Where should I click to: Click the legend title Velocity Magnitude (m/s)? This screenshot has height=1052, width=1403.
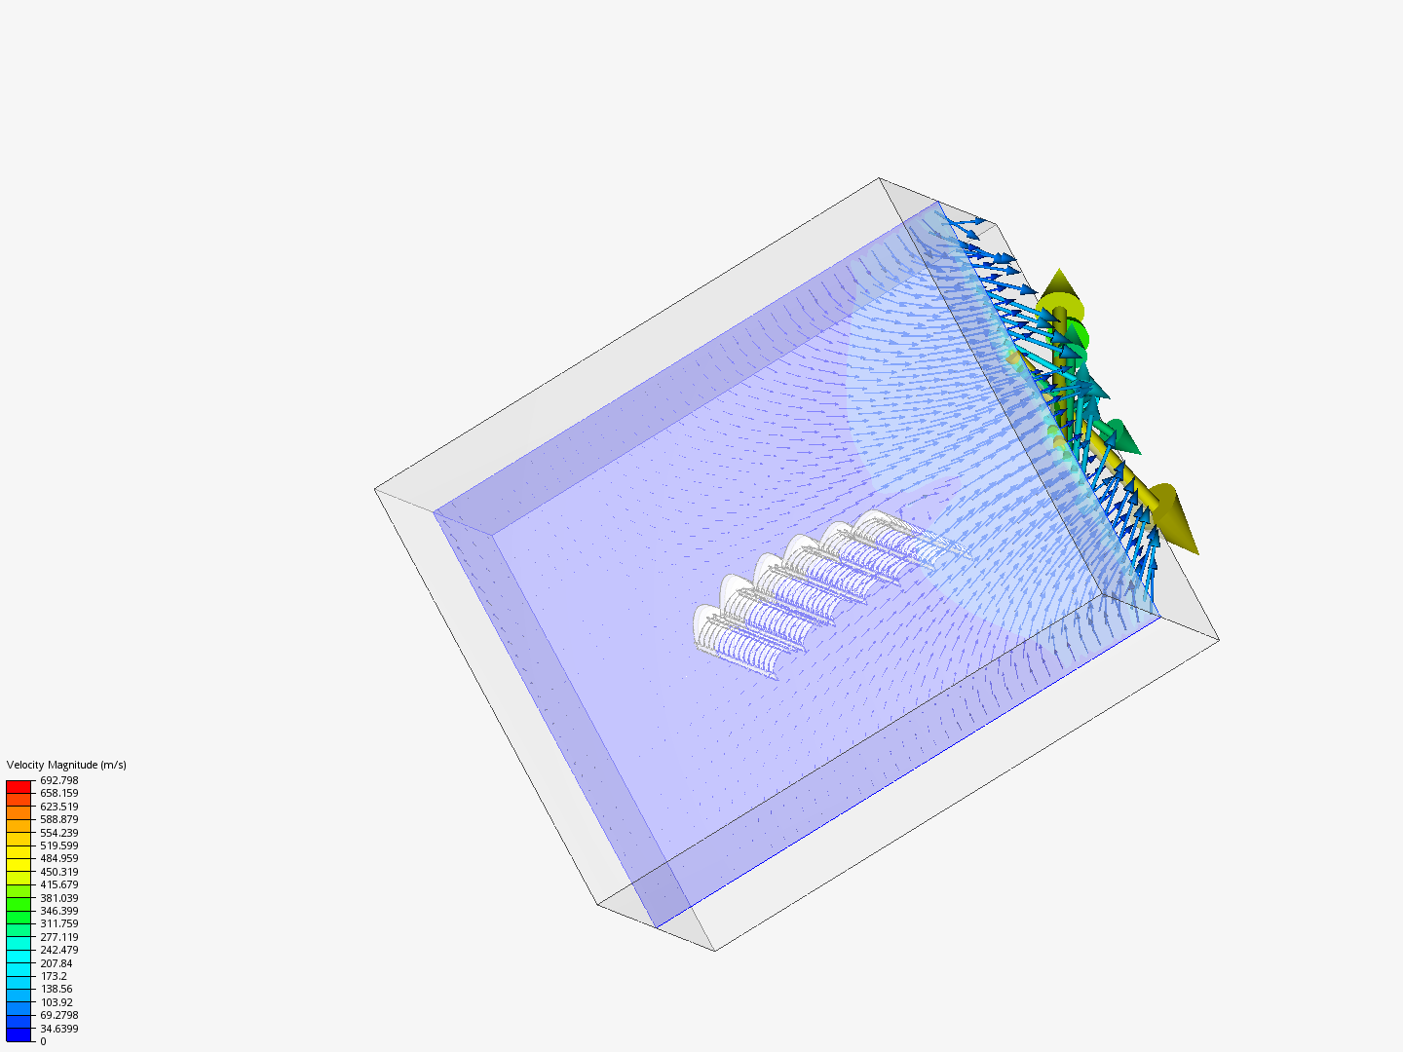click(66, 765)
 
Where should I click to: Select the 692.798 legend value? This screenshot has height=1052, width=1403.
click(58, 780)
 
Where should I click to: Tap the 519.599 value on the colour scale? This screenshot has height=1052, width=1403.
click(58, 845)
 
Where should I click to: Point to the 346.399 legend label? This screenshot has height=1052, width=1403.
click(58, 911)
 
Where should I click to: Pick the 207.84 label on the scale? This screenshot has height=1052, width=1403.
click(56, 963)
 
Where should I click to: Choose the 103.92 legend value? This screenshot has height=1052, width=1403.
click(56, 1002)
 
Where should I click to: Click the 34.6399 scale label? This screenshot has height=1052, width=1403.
click(58, 1029)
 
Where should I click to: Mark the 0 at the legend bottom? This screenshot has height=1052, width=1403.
click(43, 1041)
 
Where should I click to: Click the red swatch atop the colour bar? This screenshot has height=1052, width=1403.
click(19, 786)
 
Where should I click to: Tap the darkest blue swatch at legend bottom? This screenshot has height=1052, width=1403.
click(19, 1034)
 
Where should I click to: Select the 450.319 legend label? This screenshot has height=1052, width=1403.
click(58, 872)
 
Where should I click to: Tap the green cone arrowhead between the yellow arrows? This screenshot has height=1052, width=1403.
click(1120, 436)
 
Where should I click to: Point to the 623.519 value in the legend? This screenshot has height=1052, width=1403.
click(58, 807)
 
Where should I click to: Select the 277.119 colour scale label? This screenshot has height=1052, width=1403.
click(58, 937)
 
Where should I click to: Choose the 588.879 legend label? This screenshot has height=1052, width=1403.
click(58, 819)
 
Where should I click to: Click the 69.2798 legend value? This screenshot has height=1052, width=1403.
click(58, 1015)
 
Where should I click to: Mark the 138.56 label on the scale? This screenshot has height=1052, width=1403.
click(56, 989)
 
